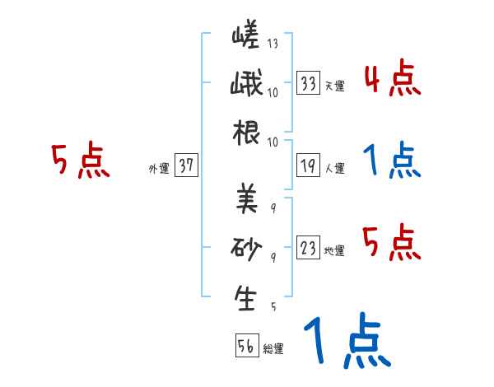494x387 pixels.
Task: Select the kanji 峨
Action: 245,86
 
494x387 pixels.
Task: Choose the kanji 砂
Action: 245,249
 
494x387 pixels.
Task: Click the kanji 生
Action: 245,298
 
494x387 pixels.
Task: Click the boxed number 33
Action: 309,83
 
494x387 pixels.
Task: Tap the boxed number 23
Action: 309,248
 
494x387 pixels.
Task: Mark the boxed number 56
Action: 245,347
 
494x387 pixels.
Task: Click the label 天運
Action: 335,86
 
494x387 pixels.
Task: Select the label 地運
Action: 335,250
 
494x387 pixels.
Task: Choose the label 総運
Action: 273,349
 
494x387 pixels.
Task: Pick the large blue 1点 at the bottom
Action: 346,342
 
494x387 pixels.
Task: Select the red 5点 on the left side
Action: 80,161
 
